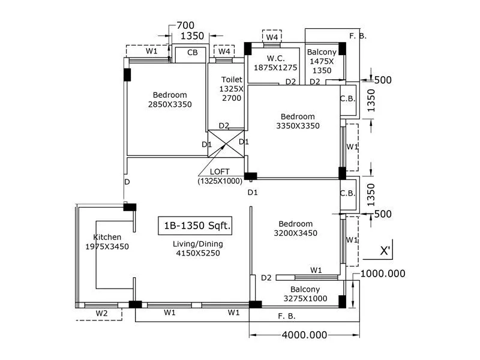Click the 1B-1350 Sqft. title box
(194, 226)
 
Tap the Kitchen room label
(107, 237)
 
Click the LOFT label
(220, 171)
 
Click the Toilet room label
(232, 79)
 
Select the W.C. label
(275, 58)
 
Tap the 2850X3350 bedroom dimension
(169, 104)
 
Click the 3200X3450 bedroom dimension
(296, 233)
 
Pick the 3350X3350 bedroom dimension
(298, 126)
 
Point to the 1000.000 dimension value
(382, 274)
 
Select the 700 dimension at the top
(185, 26)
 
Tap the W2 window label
(102, 313)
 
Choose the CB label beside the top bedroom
(193, 53)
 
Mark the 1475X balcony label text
(322, 61)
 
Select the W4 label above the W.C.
(272, 37)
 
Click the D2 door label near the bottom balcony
(266, 277)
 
